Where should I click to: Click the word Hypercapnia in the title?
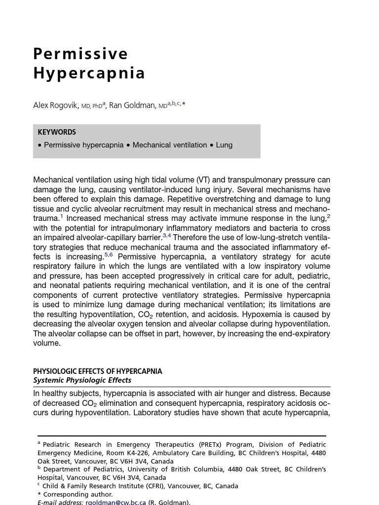point(89,73)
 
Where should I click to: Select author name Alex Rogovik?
point(56,106)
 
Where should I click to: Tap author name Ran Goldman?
point(132,106)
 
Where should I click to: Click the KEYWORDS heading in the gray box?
point(57,132)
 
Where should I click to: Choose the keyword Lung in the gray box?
point(224,145)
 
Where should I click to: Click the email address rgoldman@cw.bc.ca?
point(115,502)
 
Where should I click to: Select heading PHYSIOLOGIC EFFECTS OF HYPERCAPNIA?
point(97,371)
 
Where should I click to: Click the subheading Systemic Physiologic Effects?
point(82,380)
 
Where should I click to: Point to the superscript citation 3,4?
point(167,235)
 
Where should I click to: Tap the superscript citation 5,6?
point(109,254)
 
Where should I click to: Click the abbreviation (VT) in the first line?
point(203,180)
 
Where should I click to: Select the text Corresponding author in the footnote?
point(78,494)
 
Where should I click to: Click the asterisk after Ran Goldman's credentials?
point(184,104)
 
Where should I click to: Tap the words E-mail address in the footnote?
point(60,502)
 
